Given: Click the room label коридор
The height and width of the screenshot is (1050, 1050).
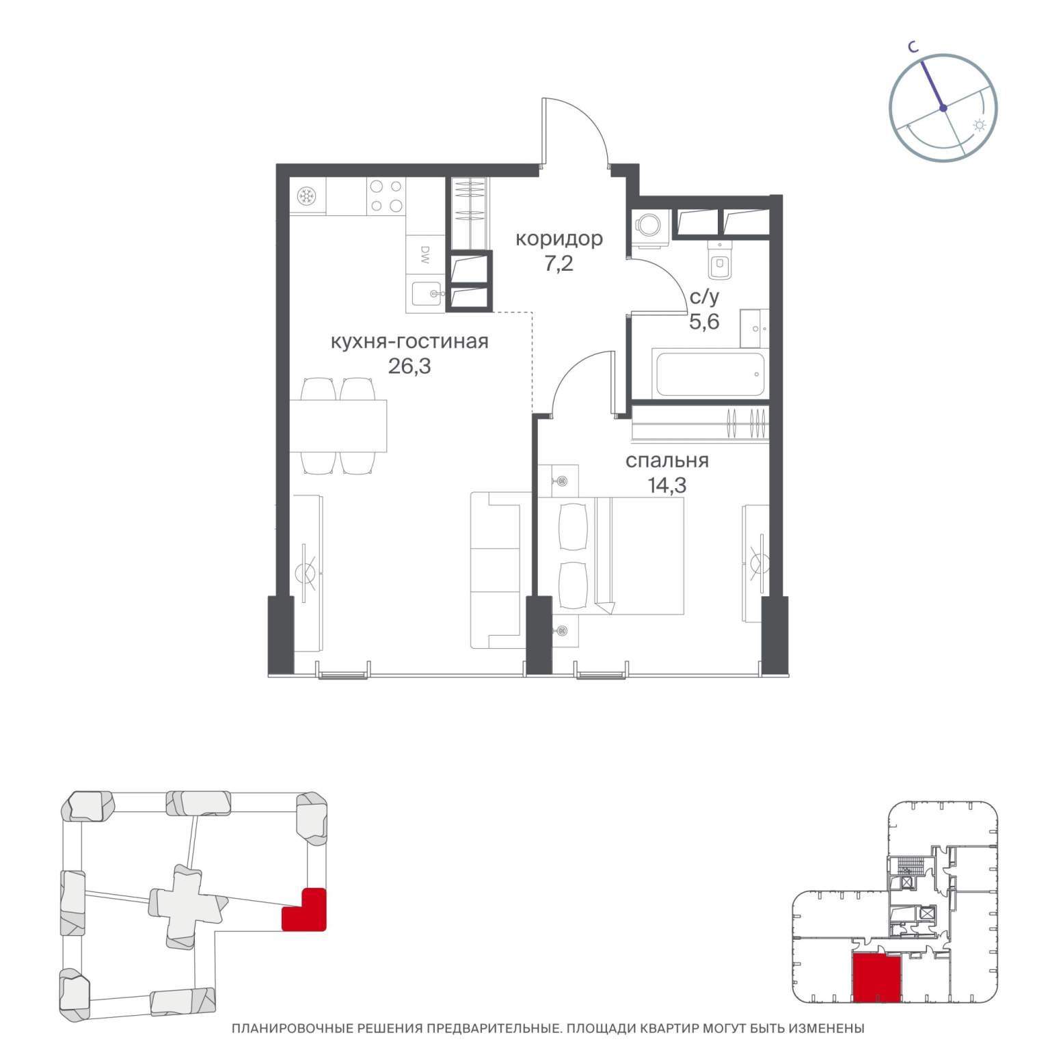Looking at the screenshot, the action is point(558,239).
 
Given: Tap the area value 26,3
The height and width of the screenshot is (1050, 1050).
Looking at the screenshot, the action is point(409,366).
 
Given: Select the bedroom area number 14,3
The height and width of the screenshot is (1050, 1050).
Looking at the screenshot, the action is point(667,485).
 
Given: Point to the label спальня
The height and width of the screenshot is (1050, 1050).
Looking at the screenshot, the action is point(667,461).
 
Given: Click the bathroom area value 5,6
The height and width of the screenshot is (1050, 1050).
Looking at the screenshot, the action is point(704,321).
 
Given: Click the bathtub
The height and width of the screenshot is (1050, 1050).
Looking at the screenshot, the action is point(710,373).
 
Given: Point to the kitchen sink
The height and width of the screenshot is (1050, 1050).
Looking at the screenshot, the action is point(427,294).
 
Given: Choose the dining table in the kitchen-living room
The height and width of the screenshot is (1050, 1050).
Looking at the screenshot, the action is point(338,426).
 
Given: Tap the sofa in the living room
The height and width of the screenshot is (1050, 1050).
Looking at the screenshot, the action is point(498,570).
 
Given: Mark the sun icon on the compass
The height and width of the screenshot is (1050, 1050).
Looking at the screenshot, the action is point(980,125).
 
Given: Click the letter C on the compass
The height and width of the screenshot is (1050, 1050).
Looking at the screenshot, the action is point(913,46).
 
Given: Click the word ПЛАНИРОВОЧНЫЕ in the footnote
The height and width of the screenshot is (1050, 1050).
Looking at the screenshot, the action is point(289,1028).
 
